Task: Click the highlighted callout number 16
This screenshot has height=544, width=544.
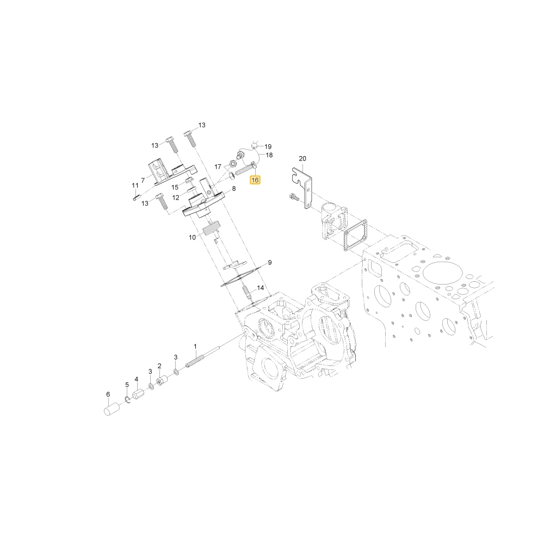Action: coord(255,180)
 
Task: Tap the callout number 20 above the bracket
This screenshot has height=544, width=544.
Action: coord(302,158)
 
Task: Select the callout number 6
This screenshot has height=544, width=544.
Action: coord(108,394)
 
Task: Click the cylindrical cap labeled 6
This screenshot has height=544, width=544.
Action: coord(112,409)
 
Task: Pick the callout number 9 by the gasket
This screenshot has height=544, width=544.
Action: coord(270,263)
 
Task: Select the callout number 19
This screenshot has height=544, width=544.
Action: coord(268,147)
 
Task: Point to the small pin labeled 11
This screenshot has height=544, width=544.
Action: coord(137,197)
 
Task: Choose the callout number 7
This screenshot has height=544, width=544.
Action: coord(143,181)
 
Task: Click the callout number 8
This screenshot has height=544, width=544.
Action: coord(234,188)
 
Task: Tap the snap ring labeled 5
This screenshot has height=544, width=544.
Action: coord(127,400)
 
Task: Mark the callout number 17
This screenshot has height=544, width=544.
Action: coord(218,167)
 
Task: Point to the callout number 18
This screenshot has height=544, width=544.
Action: coord(269,155)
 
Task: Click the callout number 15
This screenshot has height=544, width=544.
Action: coord(175,187)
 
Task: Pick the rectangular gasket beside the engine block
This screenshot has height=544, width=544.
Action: coord(354,235)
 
